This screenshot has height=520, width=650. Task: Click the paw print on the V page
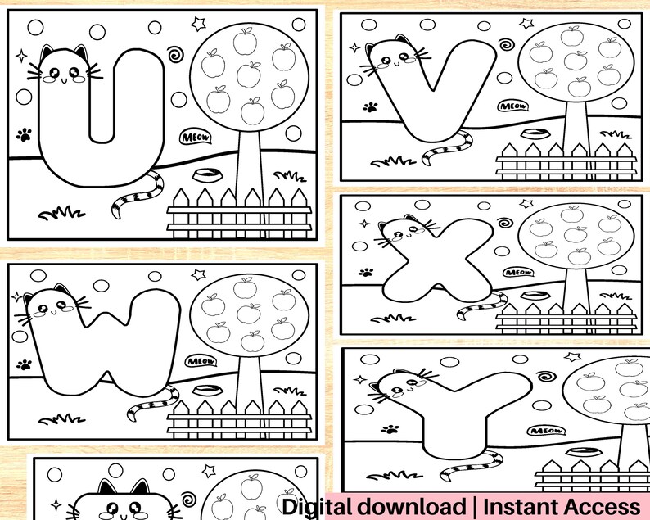click(x=371, y=106)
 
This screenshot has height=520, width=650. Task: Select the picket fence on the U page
click(x=239, y=211)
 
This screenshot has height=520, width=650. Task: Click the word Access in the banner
click(x=602, y=506)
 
